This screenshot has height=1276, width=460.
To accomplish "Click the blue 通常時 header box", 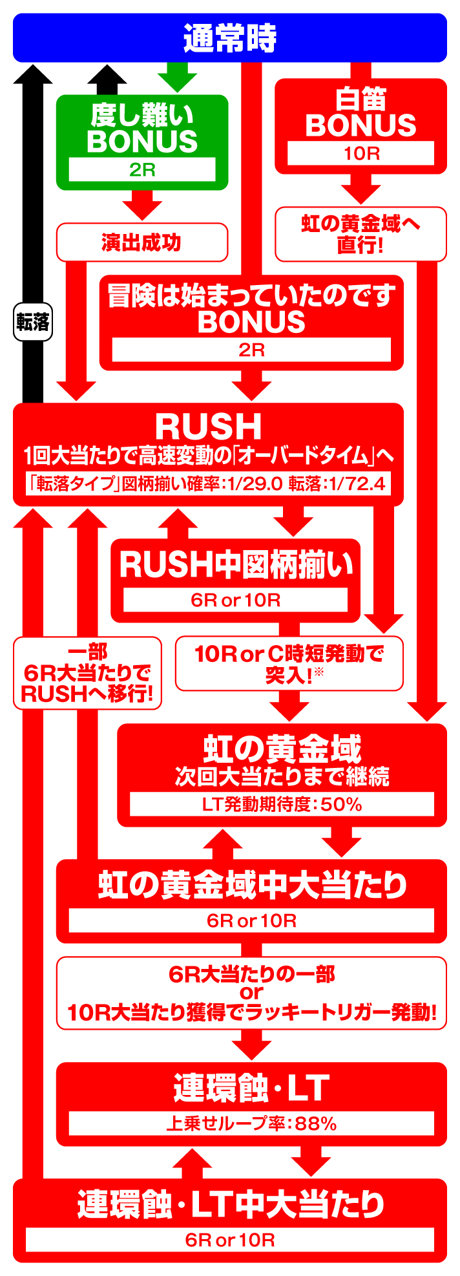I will coord(230,38).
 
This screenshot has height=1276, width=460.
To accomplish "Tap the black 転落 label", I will coord(32,321).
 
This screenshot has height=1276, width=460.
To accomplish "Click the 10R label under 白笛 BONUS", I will coord(361,154).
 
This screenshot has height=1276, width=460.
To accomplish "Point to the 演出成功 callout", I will coord(142,242).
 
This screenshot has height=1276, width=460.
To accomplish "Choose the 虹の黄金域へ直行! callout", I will coord(361,234).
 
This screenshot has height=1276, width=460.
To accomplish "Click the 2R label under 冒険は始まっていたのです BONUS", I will coord(251,350).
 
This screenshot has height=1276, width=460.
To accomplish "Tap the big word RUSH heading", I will coord(208,427).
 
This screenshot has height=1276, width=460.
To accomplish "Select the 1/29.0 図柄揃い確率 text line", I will coord(208,484).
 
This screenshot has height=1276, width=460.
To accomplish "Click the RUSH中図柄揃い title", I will coord(236,564).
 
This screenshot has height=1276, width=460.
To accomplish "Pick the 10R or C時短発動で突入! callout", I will coord(289,663).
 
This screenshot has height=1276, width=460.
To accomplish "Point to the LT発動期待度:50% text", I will coord(282,804).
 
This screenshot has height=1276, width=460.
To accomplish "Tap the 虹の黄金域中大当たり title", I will coord(251,885).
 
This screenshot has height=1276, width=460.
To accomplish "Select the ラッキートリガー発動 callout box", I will coord(251,993).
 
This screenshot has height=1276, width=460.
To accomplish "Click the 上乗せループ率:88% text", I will coord(251,1124).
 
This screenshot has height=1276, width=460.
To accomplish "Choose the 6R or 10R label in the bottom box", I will coord(230,1240).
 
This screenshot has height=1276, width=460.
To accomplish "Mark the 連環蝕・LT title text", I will coord(251,1088).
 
